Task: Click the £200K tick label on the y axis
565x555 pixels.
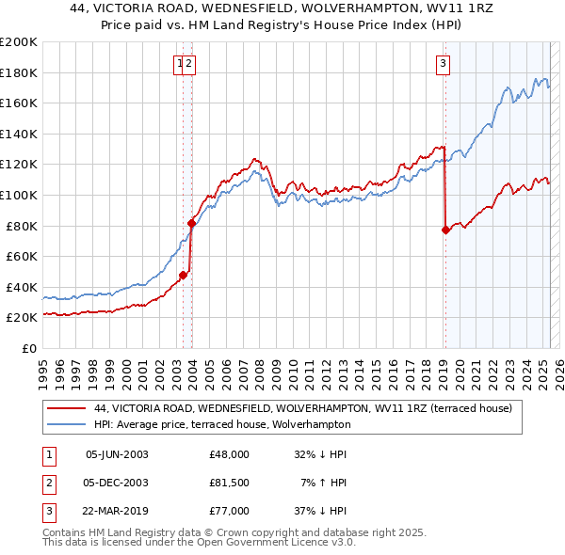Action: tap(19, 42)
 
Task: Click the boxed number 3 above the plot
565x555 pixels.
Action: tap(443, 64)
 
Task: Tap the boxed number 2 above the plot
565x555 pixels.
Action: tap(189, 64)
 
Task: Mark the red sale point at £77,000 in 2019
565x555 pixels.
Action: tap(445, 230)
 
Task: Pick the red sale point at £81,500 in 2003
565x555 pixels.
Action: tap(191, 223)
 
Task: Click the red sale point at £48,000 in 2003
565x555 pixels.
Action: tap(184, 275)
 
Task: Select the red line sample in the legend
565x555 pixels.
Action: tap(66, 408)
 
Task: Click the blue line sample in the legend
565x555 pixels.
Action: tap(66, 424)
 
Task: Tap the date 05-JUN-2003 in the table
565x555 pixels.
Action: tap(117, 453)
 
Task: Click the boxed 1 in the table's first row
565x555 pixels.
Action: tap(48, 453)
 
